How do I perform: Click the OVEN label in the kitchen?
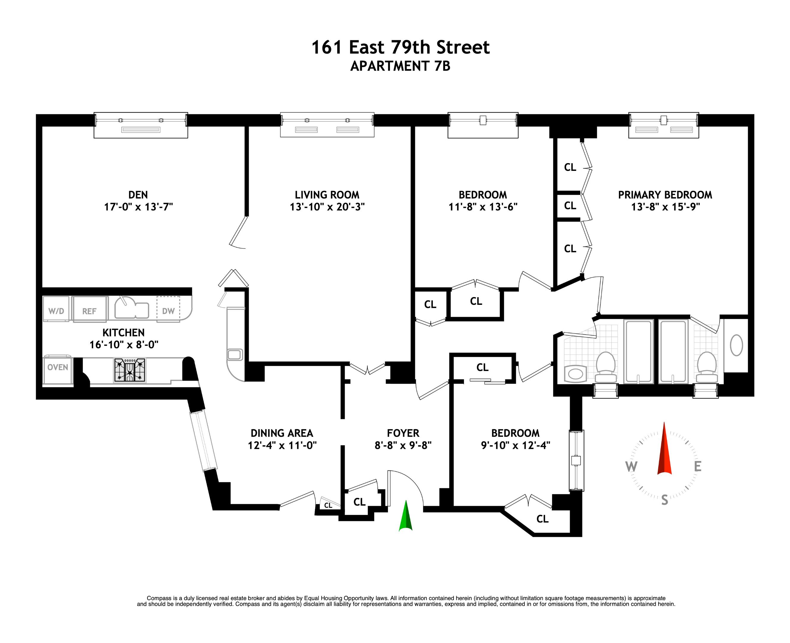pyautogui.click(x=58, y=367)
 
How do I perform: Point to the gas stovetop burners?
pyautogui.click(x=129, y=370)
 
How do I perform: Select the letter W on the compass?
pyautogui.click(x=631, y=467)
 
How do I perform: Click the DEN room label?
pyautogui.click(x=138, y=195)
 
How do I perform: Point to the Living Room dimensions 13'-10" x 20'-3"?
pyautogui.click(x=327, y=207)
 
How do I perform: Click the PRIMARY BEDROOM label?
pyautogui.click(x=665, y=195)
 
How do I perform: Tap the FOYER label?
pyautogui.click(x=403, y=433)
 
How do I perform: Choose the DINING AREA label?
pyautogui.click(x=282, y=433)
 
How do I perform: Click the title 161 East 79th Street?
pyautogui.click(x=400, y=47)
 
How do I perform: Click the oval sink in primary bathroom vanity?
pyautogui.click(x=736, y=345)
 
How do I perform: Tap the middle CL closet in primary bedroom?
pyautogui.click(x=570, y=206)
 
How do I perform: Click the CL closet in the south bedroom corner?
pyautogui.click(x=542, y=519)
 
